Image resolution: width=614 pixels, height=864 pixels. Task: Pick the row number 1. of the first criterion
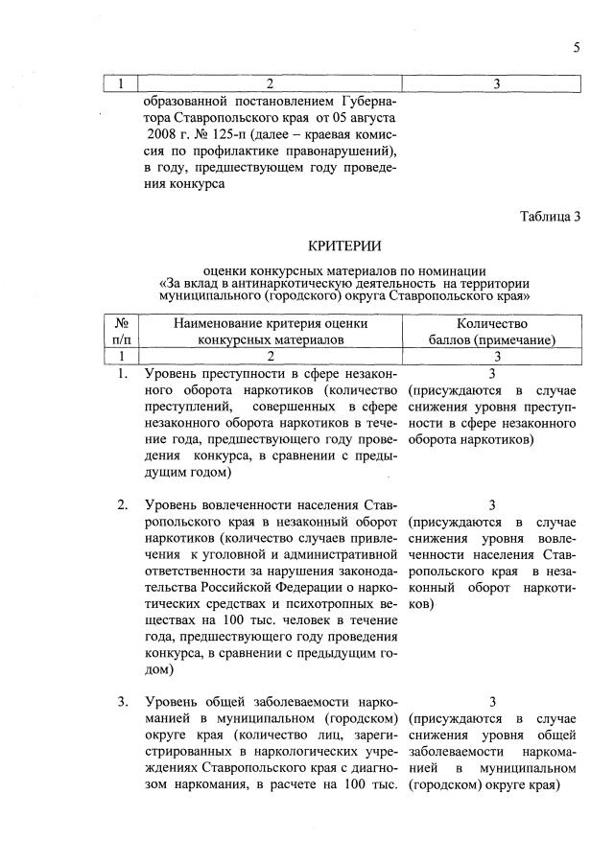(123, 373)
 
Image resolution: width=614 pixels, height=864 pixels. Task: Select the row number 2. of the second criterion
(123, 505)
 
